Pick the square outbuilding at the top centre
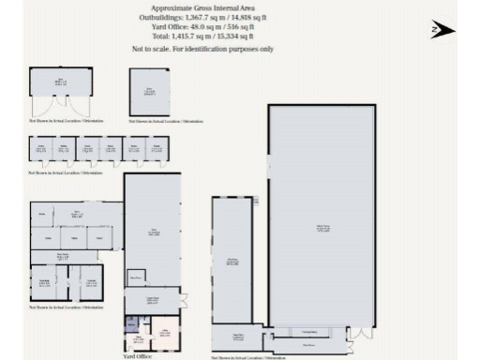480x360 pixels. point(150,91)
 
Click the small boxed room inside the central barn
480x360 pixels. point(136,277)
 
